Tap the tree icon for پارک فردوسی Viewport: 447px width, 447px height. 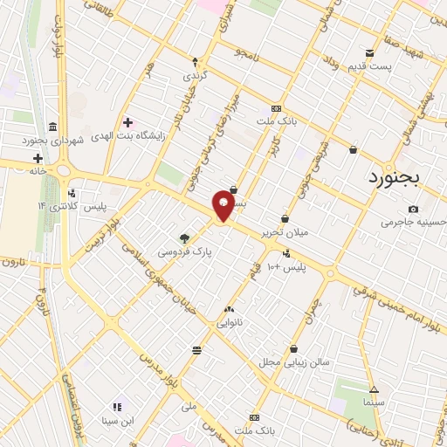[184, 237]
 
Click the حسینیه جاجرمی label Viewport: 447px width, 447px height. [413, 223]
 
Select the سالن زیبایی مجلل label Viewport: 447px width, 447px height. [293, 361]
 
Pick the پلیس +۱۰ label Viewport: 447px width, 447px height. [286, 266]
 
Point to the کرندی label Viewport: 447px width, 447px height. [196, 76]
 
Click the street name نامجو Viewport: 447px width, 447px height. [247, 54]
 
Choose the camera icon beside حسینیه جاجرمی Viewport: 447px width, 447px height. [413, 209]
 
